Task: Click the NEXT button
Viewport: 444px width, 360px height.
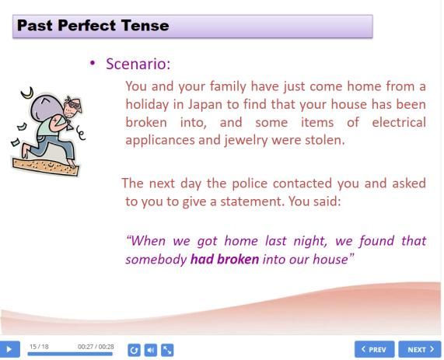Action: pos(420,349)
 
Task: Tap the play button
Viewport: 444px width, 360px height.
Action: pos(9,349)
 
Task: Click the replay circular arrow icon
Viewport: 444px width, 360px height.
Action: pos(134,350)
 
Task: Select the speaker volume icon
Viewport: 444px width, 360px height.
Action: pos(151,350)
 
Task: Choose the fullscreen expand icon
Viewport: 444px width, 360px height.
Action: pos(167,350)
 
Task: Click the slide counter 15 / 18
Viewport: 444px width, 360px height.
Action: pos(39,347)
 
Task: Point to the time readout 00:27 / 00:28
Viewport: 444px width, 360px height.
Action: pos(96,347)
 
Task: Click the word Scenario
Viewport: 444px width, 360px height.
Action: pos(138,64)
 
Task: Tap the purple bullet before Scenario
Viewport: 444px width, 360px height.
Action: pos(93,63)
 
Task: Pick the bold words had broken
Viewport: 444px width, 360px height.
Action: pos(225,259)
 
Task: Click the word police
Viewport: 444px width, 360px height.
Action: pos(250,183)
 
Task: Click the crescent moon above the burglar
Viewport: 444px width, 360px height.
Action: pos(27,93)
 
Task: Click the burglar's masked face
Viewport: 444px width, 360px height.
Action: pos(73,107)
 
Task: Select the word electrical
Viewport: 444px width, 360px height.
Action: pos(399,122)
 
